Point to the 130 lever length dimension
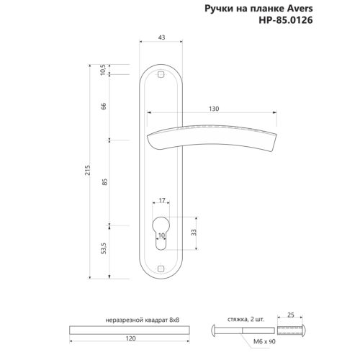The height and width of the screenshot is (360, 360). click(214, 108)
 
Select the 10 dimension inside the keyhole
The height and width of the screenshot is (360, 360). click(161, 235)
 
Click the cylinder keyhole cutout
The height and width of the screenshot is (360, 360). click(161, 229)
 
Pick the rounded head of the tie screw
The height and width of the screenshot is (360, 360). click(220, 330)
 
